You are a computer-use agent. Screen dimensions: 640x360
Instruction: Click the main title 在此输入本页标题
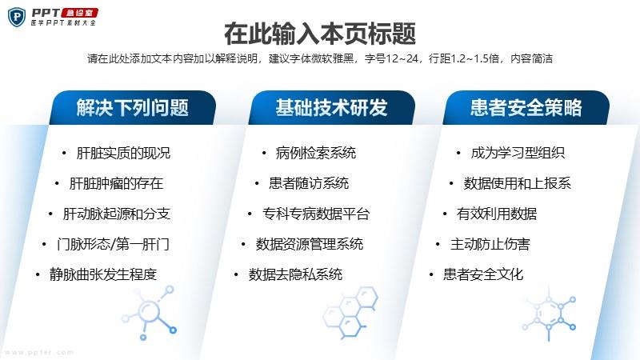[x=320, y=34]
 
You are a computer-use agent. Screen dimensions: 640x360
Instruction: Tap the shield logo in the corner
[x=17, y=17]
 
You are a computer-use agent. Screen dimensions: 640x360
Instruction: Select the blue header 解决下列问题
[x=132, y=108]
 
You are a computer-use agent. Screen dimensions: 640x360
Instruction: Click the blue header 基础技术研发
[x=331, y=108]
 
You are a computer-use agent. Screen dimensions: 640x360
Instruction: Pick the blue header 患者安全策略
[x=526, y=108]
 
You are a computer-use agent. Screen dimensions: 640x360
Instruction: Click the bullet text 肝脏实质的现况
[x=123, y=153]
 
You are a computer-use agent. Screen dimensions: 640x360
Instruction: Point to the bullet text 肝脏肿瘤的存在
[x=116, y=183]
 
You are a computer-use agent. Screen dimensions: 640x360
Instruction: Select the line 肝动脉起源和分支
[x=116, y=214]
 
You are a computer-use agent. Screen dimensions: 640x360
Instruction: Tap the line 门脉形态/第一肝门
[x=113, y=244]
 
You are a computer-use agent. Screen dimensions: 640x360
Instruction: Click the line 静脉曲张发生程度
[x=103, y=274]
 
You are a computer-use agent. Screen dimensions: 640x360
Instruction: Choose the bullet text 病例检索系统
[x=316, y=153]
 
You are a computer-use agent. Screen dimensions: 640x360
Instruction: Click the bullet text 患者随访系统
[x=309, y=183]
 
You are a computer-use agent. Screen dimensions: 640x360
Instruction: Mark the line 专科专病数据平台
[x=316, y=214]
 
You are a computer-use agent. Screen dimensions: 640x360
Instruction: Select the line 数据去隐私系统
[x=295, y=274]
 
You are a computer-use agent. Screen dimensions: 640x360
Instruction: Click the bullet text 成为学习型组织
[x=518, y=153]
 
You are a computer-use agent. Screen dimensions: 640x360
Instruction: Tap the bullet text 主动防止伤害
[x=490, y=244]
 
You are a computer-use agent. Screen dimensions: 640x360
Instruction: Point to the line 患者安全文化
[x=484, y=274]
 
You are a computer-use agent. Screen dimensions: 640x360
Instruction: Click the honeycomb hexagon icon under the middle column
[x=350, y=312]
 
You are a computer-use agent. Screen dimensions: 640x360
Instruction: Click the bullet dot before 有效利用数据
[x=445, y=214]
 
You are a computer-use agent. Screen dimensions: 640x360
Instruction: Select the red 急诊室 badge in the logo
[x=79, y=13]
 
